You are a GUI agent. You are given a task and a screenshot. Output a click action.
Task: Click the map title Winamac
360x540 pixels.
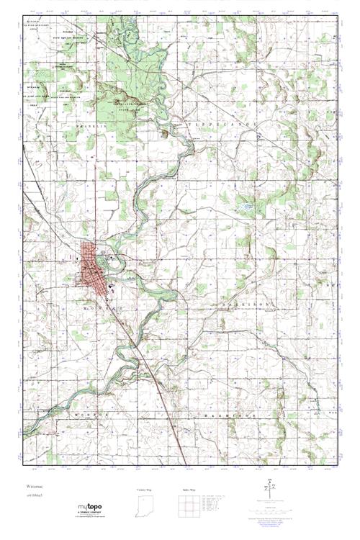pyautogui.click(x=34, y=487)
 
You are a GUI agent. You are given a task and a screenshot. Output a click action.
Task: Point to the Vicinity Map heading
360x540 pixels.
pyautogui.click(x=146, y=489)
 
